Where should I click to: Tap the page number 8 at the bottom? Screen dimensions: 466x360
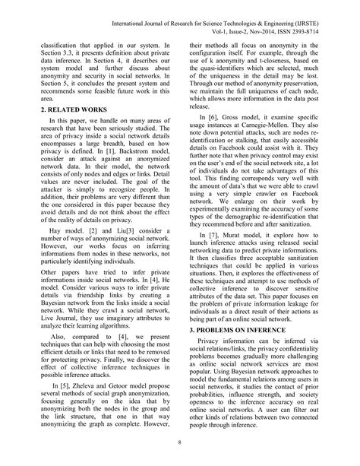[x=180, y=444]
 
